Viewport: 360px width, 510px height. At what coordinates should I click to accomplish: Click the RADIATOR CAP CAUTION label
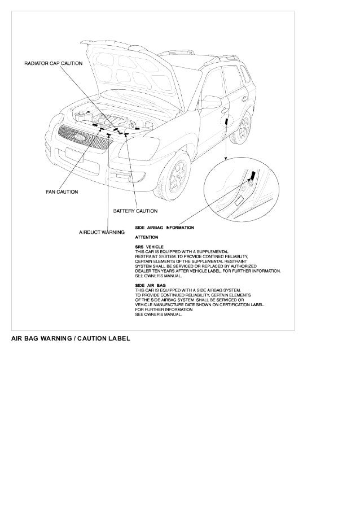(53, 63)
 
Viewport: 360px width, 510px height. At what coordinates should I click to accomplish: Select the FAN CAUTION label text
(62, 192)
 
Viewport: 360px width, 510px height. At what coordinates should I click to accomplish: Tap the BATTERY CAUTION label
(135, 211)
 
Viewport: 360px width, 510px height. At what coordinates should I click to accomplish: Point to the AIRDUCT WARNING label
(101, 232)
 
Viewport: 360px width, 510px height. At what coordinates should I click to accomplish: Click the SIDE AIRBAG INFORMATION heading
(164, 228)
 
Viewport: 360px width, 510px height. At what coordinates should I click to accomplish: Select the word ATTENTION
(146, 237)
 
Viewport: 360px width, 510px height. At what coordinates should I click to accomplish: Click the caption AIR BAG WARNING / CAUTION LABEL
(70, 339)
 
